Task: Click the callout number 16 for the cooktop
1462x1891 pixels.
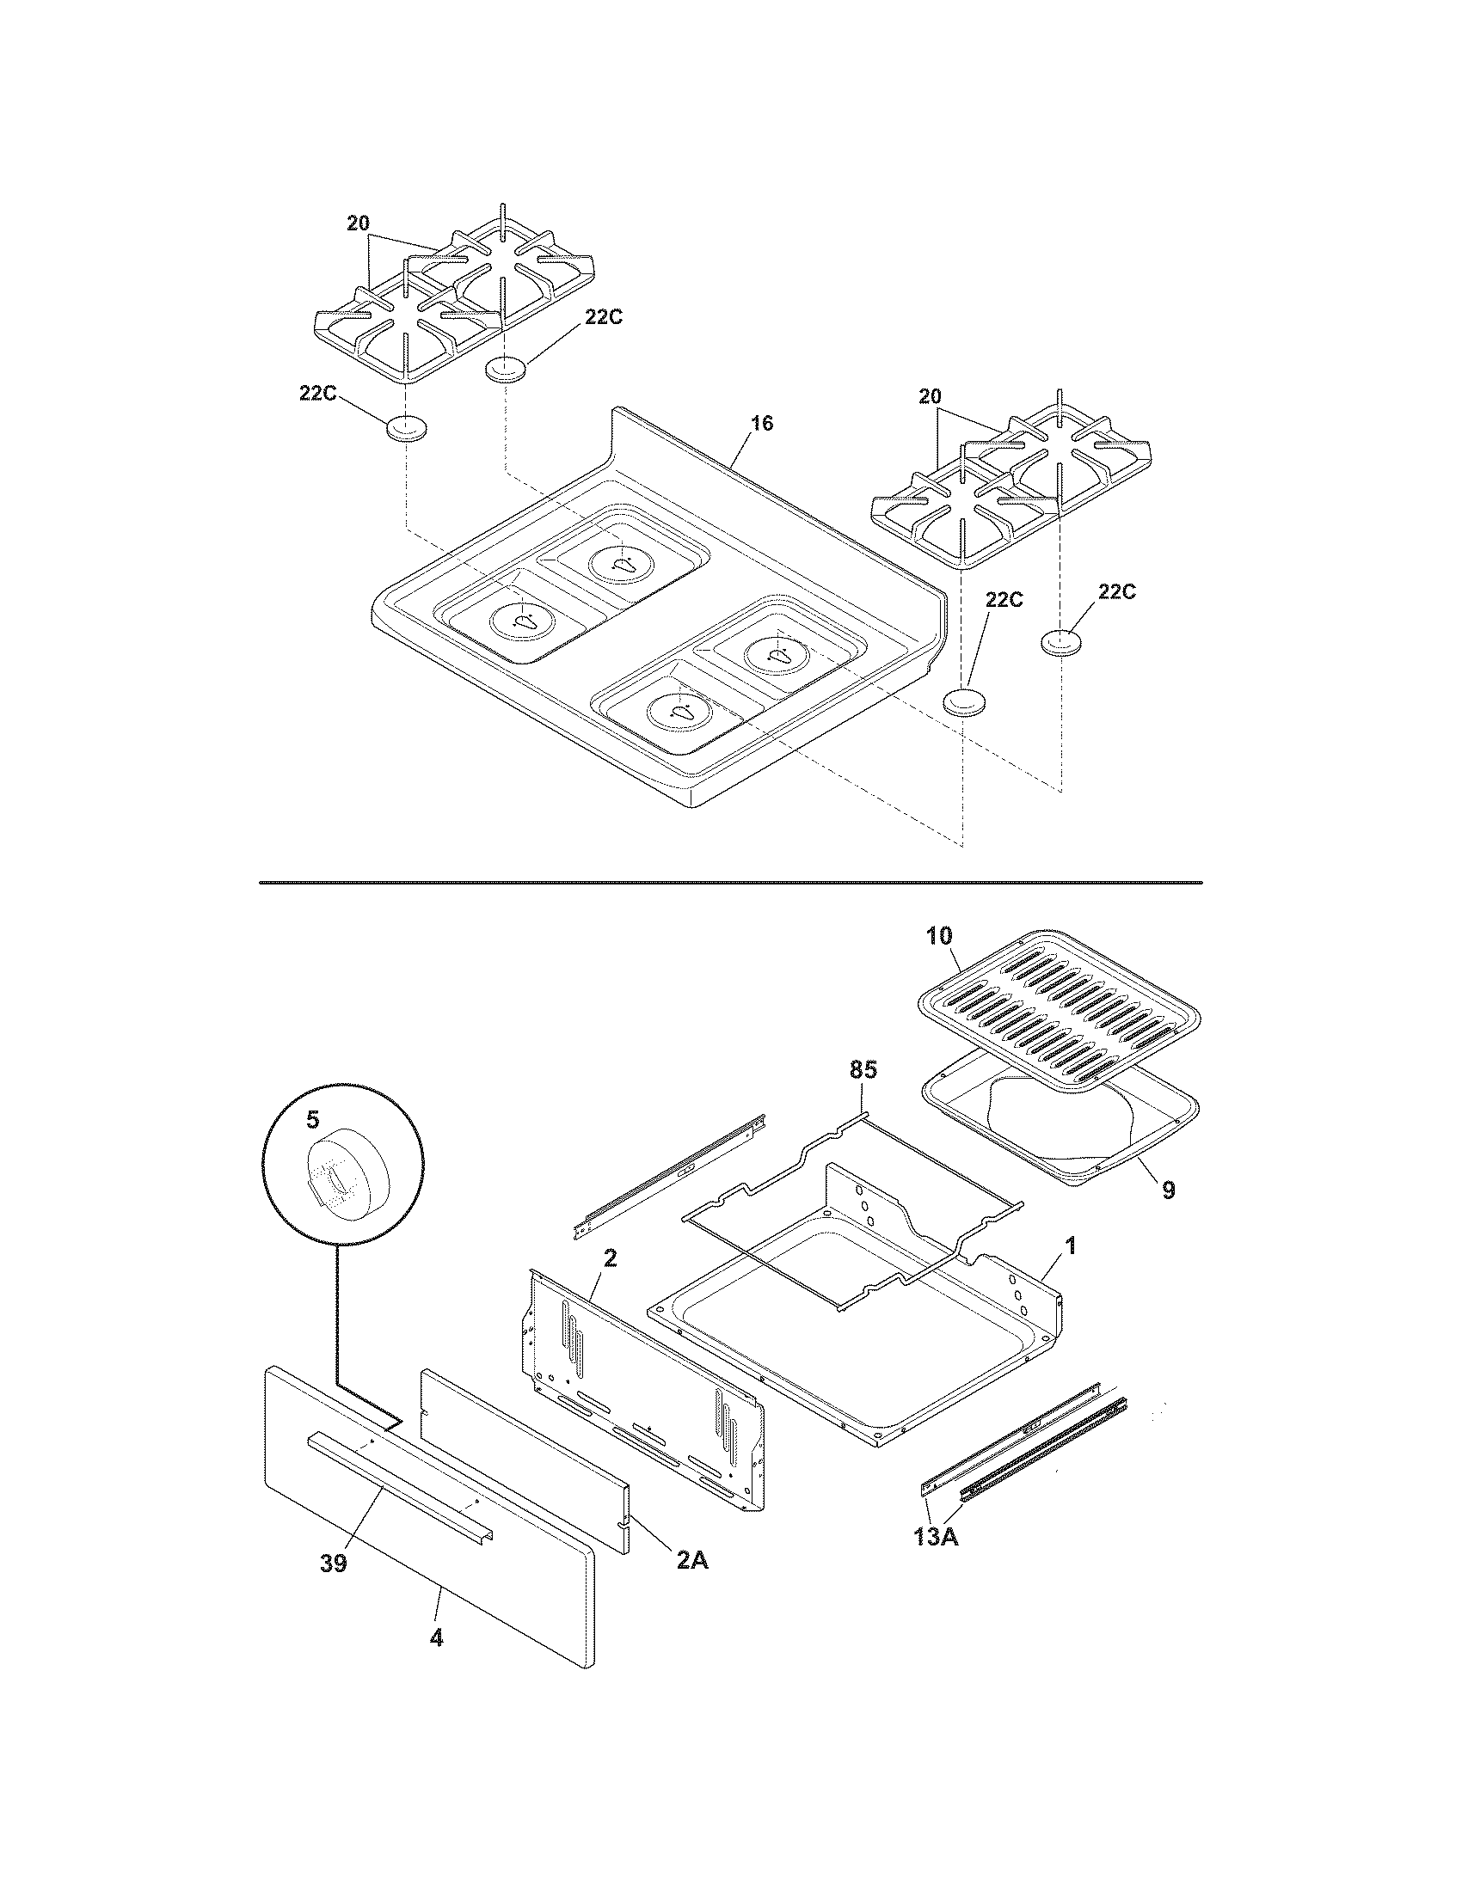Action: pyautogui.click(x=762, y=424)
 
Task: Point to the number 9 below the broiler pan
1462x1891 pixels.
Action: pyautogui.click(x=1169, y=1190)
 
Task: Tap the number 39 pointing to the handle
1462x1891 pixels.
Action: pyautogui.click(x=334, y=1563)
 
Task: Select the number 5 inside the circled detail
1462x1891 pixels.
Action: pyautogui.click(x=312, y=1120)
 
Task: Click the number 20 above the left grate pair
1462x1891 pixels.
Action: pyautogui.click(x=358, y=223)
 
